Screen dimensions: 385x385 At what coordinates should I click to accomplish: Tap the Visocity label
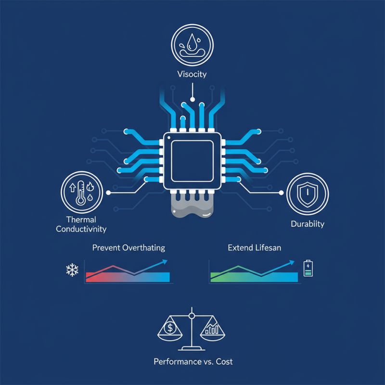192,74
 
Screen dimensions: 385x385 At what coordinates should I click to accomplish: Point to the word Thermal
81,219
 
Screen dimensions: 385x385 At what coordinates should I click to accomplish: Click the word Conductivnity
81,229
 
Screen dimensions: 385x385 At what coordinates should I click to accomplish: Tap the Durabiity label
308,224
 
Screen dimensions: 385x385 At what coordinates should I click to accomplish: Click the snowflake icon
72,270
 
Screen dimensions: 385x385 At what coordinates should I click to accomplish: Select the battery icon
308,269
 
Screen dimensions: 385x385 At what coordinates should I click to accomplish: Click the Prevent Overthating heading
128,248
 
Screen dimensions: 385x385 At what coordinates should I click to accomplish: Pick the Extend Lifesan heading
255,248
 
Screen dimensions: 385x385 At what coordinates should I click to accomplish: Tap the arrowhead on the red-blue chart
165,262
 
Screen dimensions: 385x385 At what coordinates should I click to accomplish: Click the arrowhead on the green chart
292,262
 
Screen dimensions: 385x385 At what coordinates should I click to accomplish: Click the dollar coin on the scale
170,328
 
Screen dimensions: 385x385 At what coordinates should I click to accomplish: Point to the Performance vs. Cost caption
193,362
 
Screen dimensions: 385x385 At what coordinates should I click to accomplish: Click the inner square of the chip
192,161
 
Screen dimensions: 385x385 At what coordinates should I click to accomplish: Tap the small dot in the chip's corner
169,138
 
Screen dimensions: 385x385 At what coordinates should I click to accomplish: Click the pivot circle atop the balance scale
192,316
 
